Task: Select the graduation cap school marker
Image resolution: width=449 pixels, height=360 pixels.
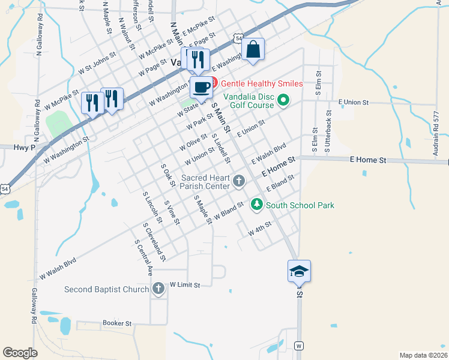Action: click(299, 271)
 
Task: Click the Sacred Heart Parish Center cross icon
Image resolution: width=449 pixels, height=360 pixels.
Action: click(239, 181)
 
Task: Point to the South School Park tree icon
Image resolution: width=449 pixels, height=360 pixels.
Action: click(257, 205)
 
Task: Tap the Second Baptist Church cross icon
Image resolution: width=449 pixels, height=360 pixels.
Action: click(158, 290)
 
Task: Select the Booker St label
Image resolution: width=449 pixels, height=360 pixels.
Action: click(117, 323)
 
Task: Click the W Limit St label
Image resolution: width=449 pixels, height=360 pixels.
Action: click(184, 284)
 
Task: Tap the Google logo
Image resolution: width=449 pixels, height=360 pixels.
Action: click(20, 353)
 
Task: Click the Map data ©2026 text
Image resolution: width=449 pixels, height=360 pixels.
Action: click(423, 355)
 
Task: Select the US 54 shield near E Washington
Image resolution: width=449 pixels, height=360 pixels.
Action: click(239, 38)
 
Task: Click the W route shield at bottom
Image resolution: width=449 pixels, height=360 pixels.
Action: click(299, 346)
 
